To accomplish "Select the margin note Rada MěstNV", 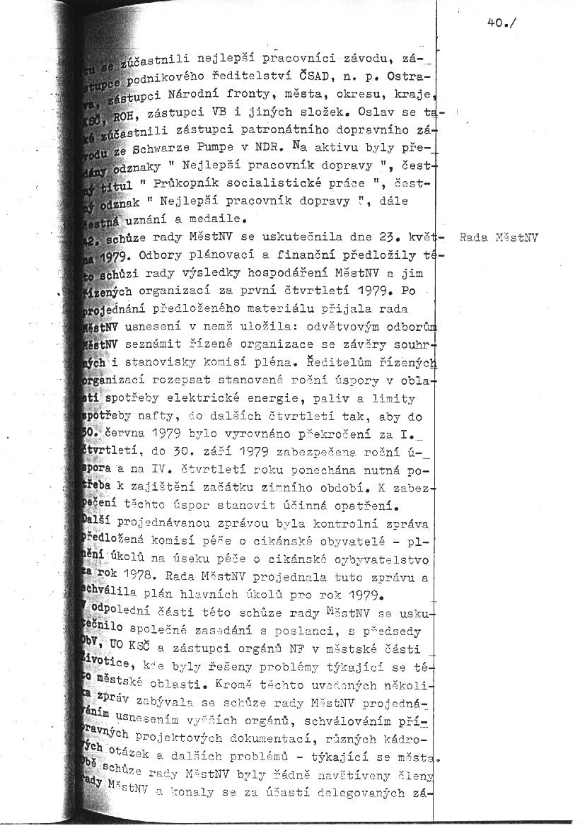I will (499, 238).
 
